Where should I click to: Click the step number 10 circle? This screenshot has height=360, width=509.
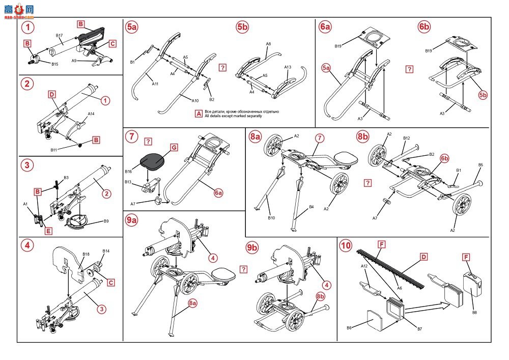346,245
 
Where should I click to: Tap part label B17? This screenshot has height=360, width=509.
59,36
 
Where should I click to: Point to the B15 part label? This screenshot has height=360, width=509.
54,64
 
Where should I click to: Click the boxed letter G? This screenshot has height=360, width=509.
173,147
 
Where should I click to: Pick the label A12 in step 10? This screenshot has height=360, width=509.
364,266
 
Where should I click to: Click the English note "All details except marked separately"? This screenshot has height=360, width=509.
241,116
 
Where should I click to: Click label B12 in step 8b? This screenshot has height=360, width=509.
407,138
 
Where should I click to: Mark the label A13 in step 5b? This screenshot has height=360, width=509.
288,67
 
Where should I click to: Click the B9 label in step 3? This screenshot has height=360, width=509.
106,221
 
